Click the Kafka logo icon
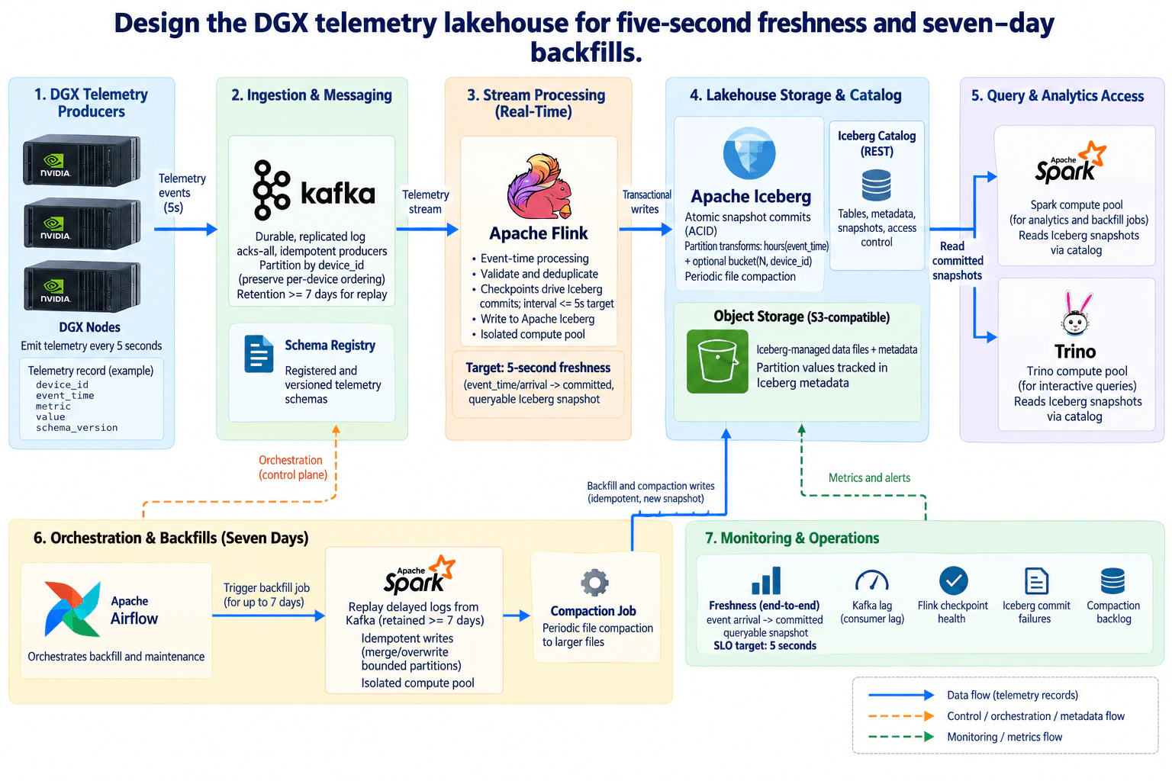pyautogui.click(x=271, y=190)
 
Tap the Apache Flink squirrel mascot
pyautogui.click(x=539, y=186)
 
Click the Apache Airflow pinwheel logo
pyautogui.click(x=72, y=609)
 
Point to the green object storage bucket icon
pyautogui.click(x=717, y=361)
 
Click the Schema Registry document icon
pyautogui.click(x=259, y=354)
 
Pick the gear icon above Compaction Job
pyautogui.click(x=595, y=582)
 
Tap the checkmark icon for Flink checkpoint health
pyautogui.click(x=953, y=580)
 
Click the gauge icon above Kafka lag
pyautogui.click(x=871, y=580)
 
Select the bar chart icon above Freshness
pyautogui.click(x=766, y=580)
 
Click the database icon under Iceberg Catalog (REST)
pyautogui.click(x=877, y=185)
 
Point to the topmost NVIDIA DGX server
pyautogui.click(x=82, y=160)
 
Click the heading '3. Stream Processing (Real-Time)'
pyautogui.click(x=536, y=103)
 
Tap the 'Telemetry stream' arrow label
pyautogui.click(x=425, y=202)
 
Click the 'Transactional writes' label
pyautogui.click(x=646, y=202)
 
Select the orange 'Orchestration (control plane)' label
pyautogui.click(x=293, y=467)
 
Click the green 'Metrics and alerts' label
pyautogui.click(x=869, y=477)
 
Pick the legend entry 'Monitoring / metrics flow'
pyautogui.click(x=1005, y=737)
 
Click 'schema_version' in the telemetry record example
pyautogui.click(x=76, y=427)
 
